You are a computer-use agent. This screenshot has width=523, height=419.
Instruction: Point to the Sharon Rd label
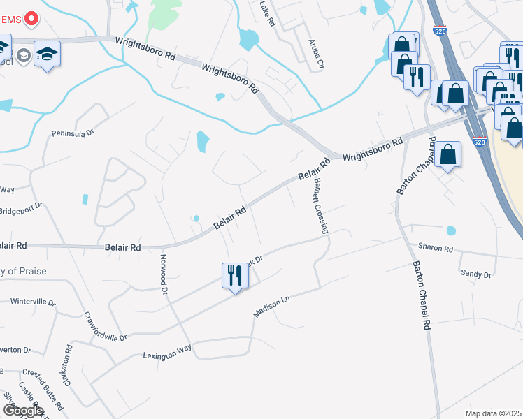(436, 248)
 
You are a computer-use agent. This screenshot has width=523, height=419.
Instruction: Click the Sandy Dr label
(477, 274)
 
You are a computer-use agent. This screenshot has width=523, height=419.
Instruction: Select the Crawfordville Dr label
(105, 326)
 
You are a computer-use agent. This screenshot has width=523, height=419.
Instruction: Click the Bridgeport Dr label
(21, 208)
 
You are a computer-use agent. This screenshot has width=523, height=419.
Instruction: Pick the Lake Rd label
(268, 14)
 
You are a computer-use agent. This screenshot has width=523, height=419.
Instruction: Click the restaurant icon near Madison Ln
(235, 276)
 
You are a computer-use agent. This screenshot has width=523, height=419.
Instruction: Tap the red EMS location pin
(31, 19)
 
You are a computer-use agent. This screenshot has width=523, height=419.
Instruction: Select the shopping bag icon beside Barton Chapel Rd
(448, 155)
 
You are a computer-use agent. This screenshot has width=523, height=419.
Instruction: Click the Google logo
(23, 411)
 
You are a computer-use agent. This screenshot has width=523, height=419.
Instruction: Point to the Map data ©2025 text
(493, 413)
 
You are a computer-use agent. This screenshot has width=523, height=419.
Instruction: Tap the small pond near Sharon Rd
(450, 230)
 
